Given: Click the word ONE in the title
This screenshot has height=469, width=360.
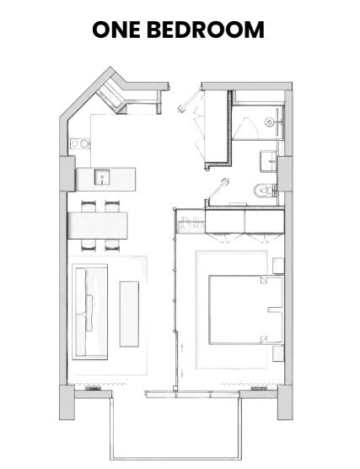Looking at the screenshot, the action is click(x=116, y=30).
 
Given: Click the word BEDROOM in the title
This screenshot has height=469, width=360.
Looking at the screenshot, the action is click(x=206, y=30).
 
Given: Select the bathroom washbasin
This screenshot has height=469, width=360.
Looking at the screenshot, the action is click(x=268, y=161).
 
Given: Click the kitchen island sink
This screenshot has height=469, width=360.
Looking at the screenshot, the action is click(x=102, y=176).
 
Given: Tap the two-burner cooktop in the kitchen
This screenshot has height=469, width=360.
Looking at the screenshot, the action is click(x=80, y=144).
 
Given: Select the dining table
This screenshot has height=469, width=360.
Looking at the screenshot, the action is click(x=98, y=225).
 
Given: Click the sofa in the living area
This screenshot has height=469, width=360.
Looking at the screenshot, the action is click(x=89, y=311).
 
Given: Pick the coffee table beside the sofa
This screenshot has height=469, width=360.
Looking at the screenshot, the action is click(x=129, y=314).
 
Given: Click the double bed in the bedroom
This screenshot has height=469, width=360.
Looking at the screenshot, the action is click(x=246, y=310).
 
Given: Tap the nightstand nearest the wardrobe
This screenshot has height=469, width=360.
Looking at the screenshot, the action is click(x=278, y=266).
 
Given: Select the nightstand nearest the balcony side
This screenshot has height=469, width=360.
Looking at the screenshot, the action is click(x=278, y=353).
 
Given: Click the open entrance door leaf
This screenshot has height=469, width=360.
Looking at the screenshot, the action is click(x=189, y=101).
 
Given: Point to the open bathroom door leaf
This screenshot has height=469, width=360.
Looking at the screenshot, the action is click(x=218, y=188).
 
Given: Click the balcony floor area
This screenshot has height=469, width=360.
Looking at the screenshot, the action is click(x=175, y=429).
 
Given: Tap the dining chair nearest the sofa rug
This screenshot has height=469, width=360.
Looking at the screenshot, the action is click(x=89, y=245).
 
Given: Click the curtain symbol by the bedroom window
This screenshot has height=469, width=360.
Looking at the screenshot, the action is click(x=252, y=384).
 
